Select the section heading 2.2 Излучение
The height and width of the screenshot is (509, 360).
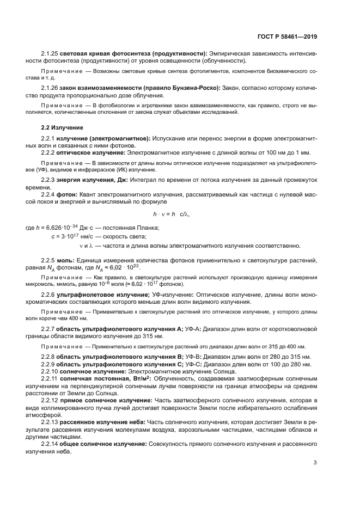click(63, 127)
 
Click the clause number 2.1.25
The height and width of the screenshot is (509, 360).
click(49, 53)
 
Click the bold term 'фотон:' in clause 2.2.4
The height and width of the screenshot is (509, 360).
click(68, 194)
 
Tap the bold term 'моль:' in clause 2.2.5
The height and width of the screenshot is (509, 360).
click(66, 260)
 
